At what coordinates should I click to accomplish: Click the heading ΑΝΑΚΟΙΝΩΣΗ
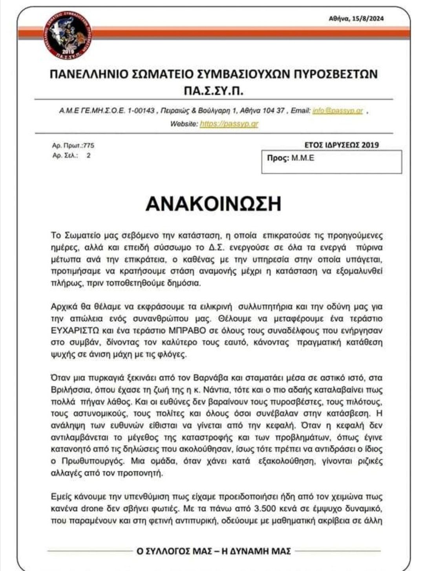pyautogui.click(x=214, y=204)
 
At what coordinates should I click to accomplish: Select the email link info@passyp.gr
pyautogui.click(x=338, y=111)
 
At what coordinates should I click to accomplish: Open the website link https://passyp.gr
pyautogui.click(x=229, y=124)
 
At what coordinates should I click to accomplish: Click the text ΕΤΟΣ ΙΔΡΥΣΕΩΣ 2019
pyautogui.click(x=342, y=145)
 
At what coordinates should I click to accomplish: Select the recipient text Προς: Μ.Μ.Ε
pyautogui.click(x=291, y=159)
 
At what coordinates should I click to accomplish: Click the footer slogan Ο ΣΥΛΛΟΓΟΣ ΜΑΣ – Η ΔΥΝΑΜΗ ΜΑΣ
pyautogui.click(x=214, y=551)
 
